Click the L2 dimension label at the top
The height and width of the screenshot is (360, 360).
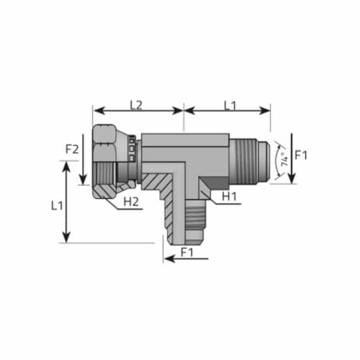click(x=136, y=104)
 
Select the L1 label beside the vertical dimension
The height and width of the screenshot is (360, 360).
click(x=57, y=205)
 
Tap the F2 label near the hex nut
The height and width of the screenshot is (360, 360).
click(x=72, y=149)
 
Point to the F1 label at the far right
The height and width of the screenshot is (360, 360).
click(x=302, y=155)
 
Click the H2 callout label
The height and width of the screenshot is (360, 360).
click(x=132, y=203)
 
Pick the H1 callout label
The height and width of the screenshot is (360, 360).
click(x=229, y=197)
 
